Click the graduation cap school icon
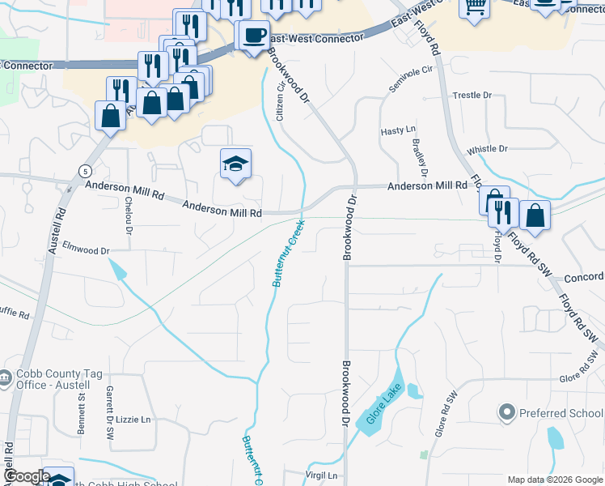(235, 164)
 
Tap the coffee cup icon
(255, 36)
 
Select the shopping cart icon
(475, 6)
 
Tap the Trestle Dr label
(472, 95)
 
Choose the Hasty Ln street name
(398, 130)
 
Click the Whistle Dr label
(487, 149)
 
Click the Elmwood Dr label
(86, 250)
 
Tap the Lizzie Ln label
(134, 420)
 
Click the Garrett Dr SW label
(110, 412)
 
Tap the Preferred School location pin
(507, 413)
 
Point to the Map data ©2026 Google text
(554, 480)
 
